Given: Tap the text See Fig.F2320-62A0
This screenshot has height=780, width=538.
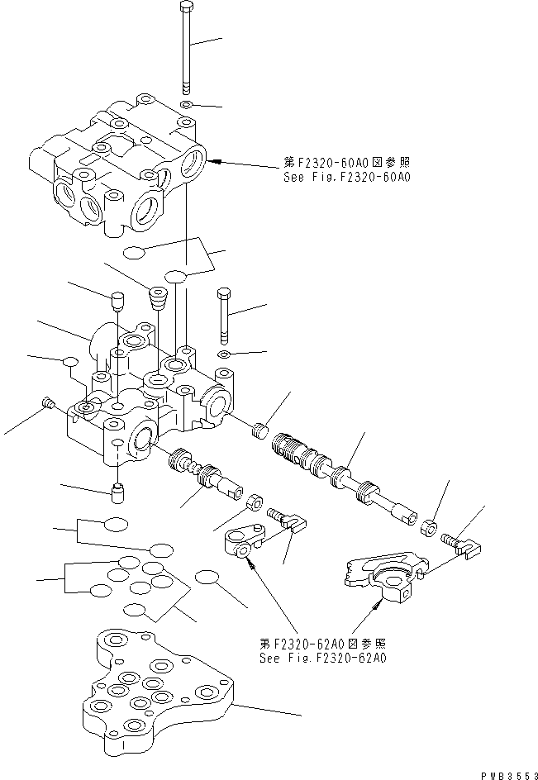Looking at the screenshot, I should [x=322, y=659].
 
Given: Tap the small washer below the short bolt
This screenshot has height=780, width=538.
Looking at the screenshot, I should [x=224, y=355].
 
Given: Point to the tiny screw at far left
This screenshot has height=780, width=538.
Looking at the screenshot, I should [x=47, y=404].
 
